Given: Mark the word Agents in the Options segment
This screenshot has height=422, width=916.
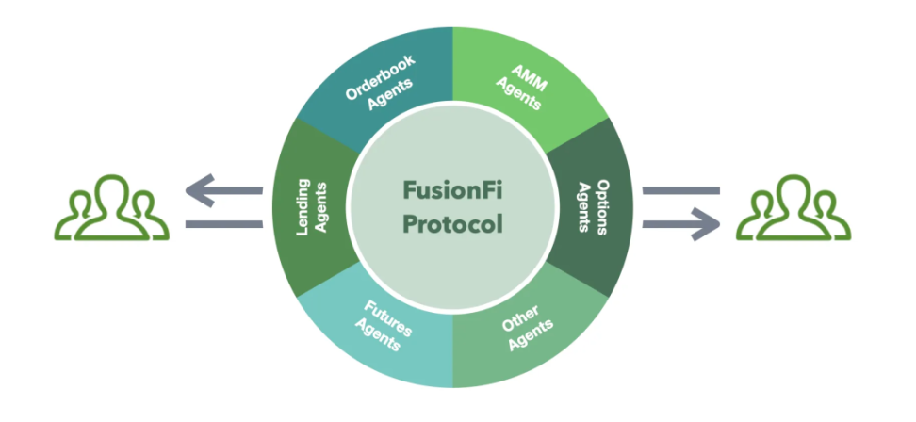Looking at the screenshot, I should point(582,210).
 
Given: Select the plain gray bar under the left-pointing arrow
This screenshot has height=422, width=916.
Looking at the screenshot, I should point(224,223).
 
